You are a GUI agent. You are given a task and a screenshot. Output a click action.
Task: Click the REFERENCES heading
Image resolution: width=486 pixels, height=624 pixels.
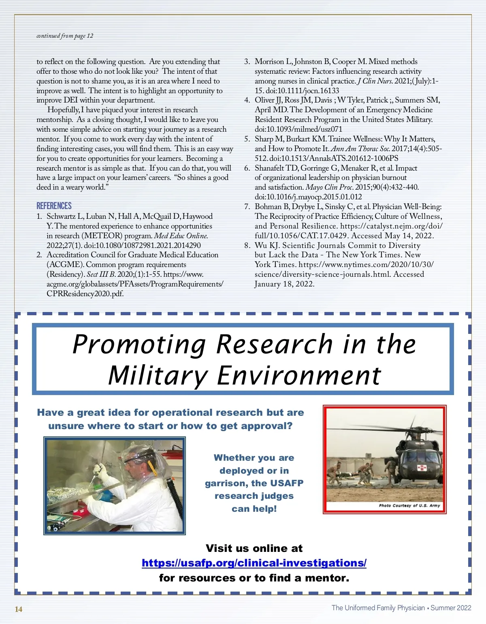(x=54, y=206)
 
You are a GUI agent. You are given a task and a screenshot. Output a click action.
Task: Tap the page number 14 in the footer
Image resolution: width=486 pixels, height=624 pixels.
(x=19, y=609)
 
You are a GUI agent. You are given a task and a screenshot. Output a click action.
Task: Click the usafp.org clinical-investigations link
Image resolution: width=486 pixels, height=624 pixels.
(x=254, y=563)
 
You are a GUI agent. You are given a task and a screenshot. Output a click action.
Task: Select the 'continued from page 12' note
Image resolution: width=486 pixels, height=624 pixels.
(x=65, y=36)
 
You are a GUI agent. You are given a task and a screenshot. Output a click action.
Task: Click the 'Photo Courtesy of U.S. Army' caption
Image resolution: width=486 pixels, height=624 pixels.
(x=409, y=505)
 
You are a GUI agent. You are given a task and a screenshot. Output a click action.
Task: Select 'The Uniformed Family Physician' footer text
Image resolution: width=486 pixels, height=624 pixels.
(x=378, y=608)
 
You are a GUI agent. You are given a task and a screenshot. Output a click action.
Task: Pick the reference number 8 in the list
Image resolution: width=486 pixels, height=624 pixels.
(x=247, y=245)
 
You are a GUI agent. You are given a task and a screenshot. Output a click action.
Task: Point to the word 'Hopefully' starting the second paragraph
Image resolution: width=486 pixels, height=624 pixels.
(x=63, y=110)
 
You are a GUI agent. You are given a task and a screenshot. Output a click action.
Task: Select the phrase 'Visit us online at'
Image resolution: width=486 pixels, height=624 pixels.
(x=254, y=548)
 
